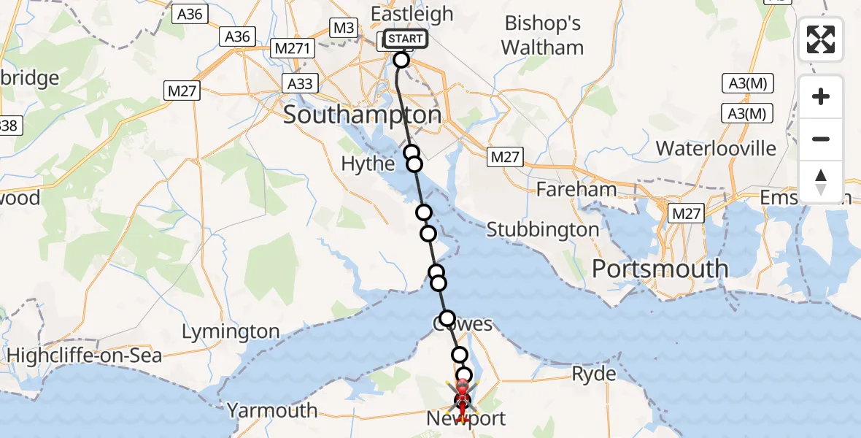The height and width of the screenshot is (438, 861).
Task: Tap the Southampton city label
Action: pos(362,115)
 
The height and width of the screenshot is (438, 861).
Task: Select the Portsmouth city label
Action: pos(660,269)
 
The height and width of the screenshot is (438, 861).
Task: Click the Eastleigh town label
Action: pos(412,14)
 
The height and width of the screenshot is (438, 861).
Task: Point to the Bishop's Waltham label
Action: pos(543,35)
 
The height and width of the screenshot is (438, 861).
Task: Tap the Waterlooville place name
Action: pos(716,148)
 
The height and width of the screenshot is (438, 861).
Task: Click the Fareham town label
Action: pos(576,190)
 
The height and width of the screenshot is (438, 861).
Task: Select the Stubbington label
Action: pos(542,229)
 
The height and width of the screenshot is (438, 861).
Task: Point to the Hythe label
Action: pos(368,164)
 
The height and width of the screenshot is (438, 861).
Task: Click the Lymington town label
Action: pos(230,332)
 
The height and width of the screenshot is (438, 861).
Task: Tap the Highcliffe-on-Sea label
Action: pos(85,356)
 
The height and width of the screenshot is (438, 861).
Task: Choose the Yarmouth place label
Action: pos(271,410)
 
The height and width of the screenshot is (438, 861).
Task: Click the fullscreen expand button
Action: pos(820,39)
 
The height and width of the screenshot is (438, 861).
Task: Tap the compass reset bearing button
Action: pos(820,182)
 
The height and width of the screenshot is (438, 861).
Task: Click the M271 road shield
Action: pos(292,49)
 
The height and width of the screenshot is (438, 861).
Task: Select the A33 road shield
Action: pos(299,83)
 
